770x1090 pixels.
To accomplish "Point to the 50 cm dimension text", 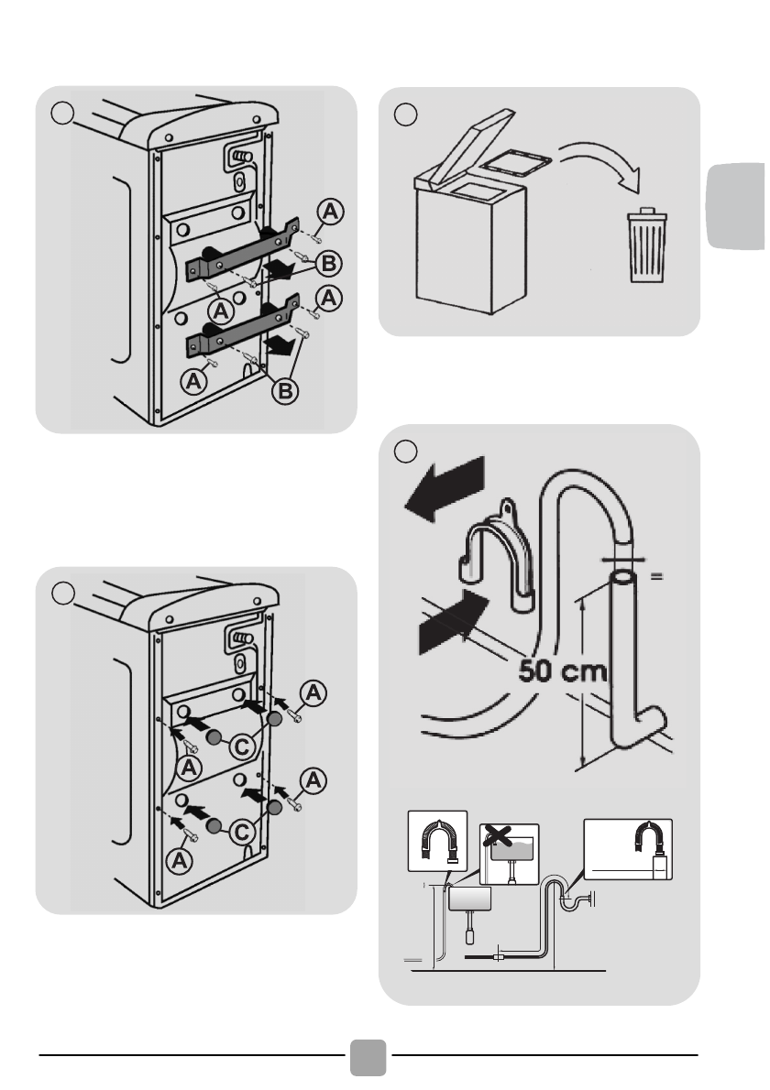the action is [563, 671].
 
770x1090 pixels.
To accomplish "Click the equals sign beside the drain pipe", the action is [656, 575].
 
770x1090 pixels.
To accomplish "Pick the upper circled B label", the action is [329, 264].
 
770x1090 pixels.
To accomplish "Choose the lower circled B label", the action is [285, 391].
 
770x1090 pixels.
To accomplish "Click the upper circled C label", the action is [243, 747].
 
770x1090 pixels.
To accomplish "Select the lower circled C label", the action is [243, 832].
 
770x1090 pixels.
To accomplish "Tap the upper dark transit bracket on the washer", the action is [241, 249].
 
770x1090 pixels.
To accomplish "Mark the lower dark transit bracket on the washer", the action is [242, 327].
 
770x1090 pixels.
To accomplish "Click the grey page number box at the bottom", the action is [368, 1057].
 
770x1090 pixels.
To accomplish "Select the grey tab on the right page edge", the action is [736, 205].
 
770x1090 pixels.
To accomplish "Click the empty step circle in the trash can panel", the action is [405, 114].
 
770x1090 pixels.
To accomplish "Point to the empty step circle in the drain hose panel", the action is [405, 452].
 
